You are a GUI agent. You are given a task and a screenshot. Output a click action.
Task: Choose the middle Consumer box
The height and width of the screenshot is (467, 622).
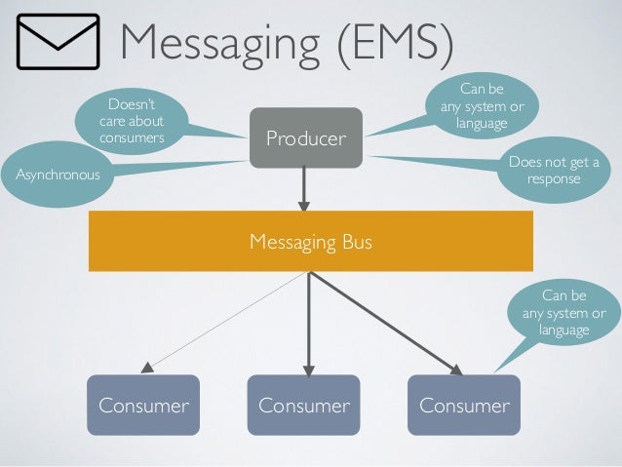303,405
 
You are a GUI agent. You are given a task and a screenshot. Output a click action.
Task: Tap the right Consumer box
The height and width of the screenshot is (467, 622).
464,405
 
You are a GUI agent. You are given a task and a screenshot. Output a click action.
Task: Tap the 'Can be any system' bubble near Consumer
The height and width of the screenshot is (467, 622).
564,313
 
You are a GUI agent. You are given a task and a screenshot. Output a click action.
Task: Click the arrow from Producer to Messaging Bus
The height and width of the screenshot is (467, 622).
304,188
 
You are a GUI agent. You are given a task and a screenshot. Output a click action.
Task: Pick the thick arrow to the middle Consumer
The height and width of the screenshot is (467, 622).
309,322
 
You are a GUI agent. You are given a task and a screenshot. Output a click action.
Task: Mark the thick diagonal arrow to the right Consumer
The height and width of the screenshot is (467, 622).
385,321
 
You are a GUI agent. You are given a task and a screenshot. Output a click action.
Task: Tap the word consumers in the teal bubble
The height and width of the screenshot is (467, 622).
132,138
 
